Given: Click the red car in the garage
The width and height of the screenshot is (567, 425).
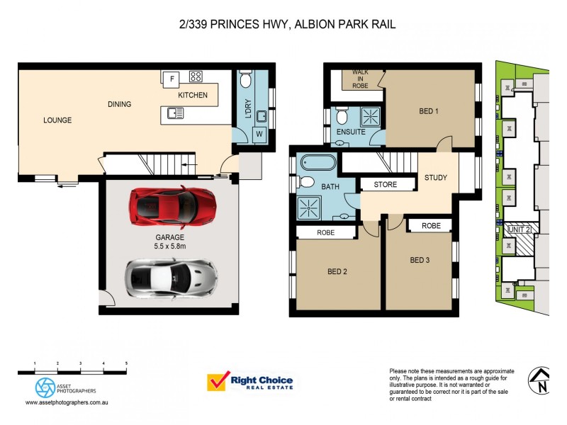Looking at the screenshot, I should pyautogui.click(x=171, y=204).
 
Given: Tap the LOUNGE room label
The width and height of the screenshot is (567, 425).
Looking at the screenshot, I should pyautogui.click(x=57, y=120).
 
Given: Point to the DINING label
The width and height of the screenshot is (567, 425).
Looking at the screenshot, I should pyautogui.click(x=119, y=104).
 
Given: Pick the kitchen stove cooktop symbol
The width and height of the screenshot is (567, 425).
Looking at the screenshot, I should pyautogui.click(x=196, y=77).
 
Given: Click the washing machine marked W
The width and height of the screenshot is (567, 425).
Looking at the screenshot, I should pyautogui.click(x=259, y=134).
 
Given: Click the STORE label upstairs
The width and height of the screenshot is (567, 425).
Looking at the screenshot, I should pyautogui.click(x=386, y=185).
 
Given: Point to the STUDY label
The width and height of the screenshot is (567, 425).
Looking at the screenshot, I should pyautogui.click(x=436, y=178).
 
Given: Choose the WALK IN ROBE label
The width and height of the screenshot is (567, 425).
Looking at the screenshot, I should pyautogui.click(x=360, y=78).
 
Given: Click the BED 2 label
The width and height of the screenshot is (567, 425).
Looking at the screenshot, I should pyautogui.click(x=337, y=271).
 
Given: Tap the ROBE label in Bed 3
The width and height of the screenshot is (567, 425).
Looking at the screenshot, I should pyautogui.click(x=431, y=226).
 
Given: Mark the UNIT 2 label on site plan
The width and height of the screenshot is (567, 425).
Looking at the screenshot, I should pyautogui.click(x=520, y=229).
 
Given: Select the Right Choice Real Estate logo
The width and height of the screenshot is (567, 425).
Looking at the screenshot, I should pyautogui.click(x=249, y=382).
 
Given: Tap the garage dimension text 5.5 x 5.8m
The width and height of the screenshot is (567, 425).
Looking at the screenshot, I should pyautogui.click(x=170, y=246).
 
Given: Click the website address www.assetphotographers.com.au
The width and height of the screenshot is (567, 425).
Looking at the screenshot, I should pyautogui.click(x=66, y=402).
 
